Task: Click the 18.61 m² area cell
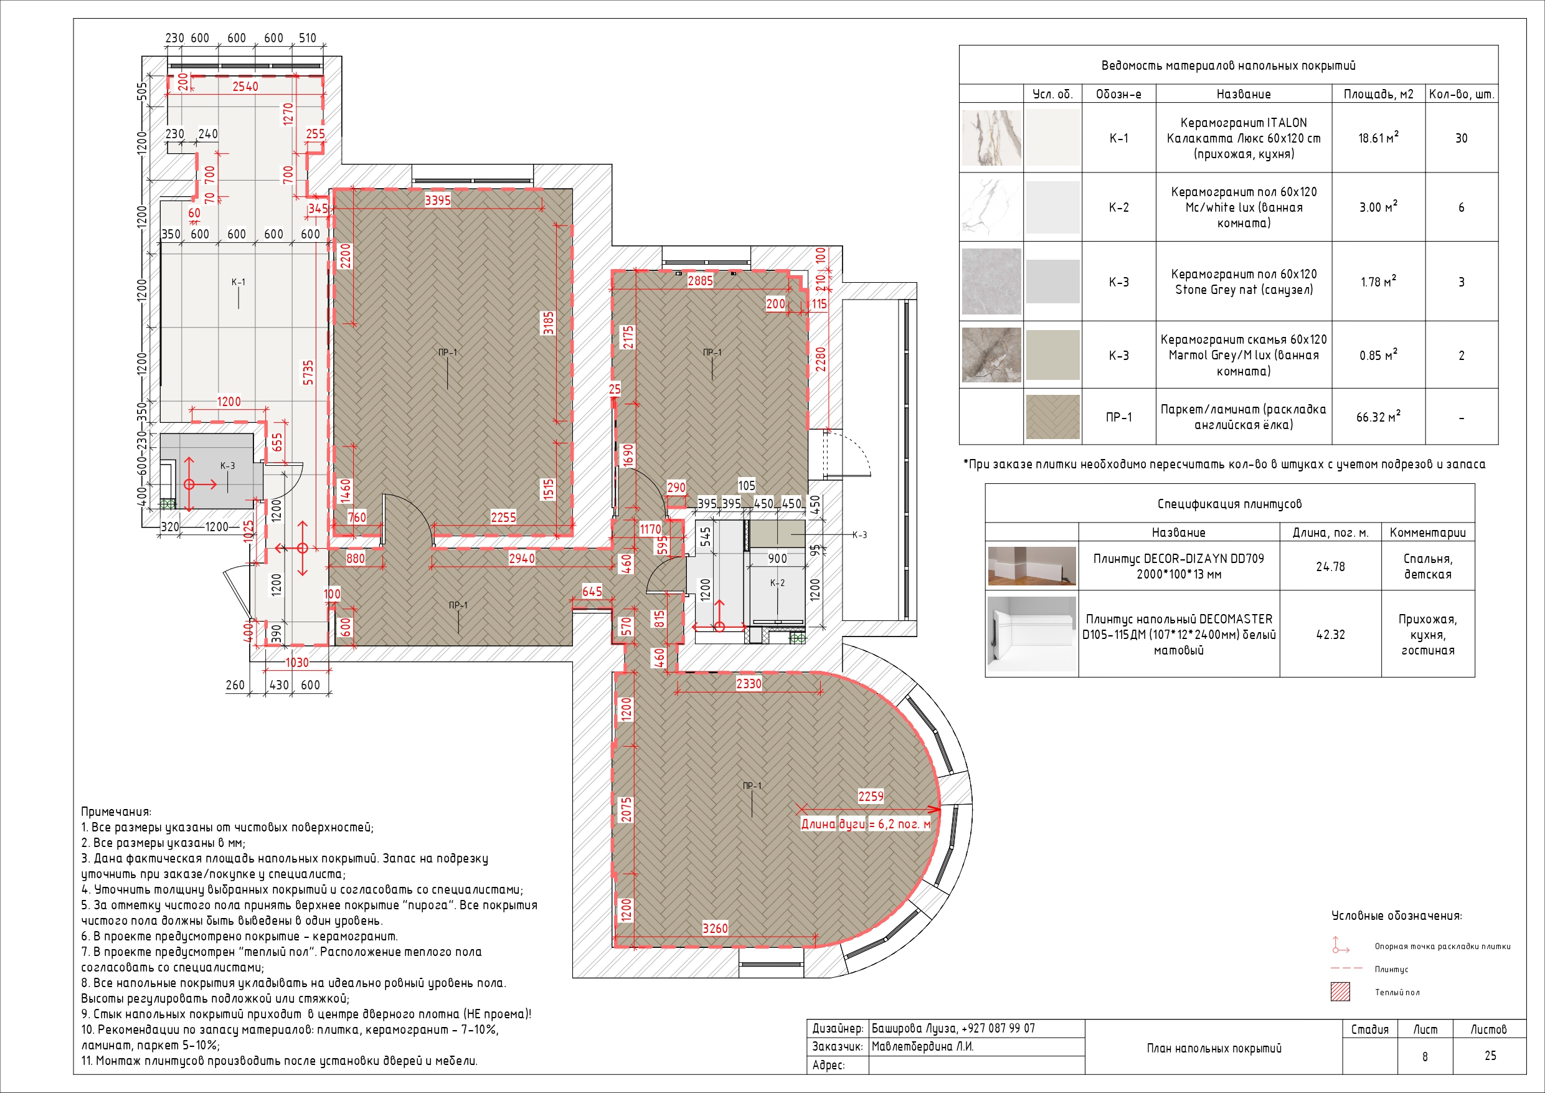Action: (x=1378, y=138)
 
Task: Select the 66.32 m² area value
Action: (x=1378, y=417)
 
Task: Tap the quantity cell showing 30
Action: (x=1462, y=139)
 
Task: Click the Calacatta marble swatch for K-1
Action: (x=991, y=138)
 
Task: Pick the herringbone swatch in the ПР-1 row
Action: (x=1053, y=417)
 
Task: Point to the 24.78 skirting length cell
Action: (x=1330, y=567)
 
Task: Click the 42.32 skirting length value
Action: (x=1330, y=635)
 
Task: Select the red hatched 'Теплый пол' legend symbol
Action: (x=1341, y=992)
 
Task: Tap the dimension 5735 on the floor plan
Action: (x=308, y=373)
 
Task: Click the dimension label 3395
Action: (x=437, y=200)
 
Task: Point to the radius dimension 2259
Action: (x=871, y=796)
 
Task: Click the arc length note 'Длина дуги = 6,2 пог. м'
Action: (x=866, y=824)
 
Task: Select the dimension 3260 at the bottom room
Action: (x=715, y=928)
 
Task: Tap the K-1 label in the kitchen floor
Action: (x=239, y=282)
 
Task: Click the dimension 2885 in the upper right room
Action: (x=700, y=281)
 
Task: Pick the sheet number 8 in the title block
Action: (x=1425, y=1057)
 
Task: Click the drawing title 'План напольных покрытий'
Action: (x=1214, y=1048)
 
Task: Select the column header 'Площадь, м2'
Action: (x=1378, y=94)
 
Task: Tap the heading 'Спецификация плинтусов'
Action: (x=1229, y=503)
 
